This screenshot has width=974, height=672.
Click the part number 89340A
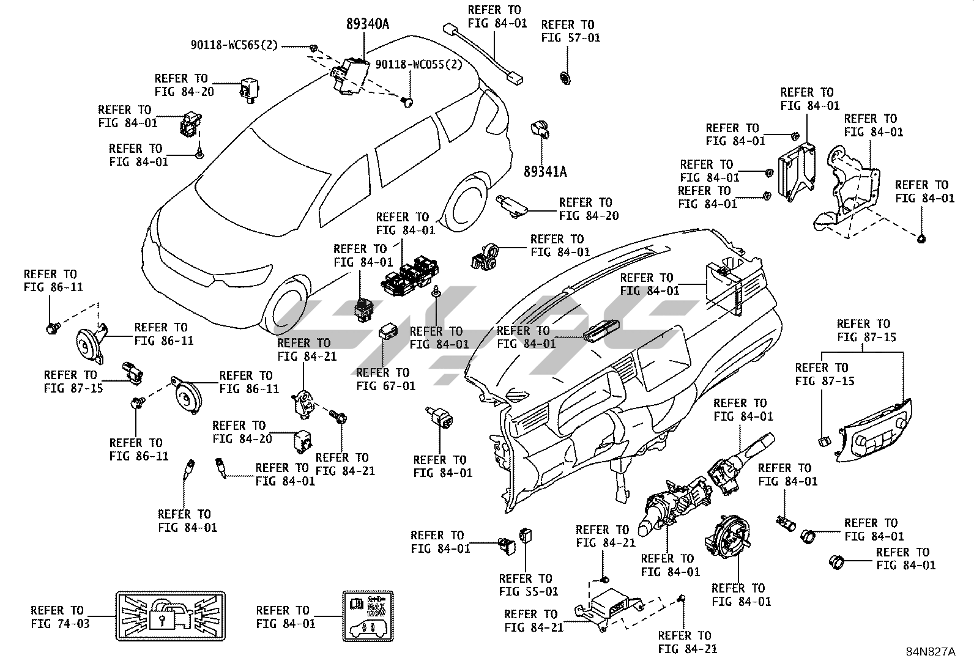tap(368, 25)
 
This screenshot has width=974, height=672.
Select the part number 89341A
tap(545, 172)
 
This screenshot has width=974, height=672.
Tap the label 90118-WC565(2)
tap(234, 45)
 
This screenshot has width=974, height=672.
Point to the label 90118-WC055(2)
tap(418, 65)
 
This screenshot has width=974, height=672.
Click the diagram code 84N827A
tap(930, 652)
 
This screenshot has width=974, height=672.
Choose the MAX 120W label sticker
tap(367, 616)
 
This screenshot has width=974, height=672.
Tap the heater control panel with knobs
tap(875, 430)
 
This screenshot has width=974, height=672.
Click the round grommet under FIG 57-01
tap(565, 78)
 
